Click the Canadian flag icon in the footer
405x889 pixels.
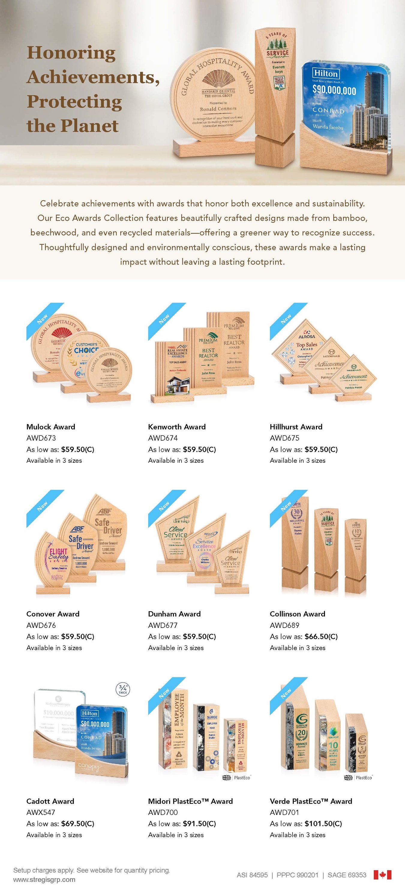tap(382, 875)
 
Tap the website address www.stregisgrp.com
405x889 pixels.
tap(44, 879)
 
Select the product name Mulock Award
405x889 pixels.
tap(51, 427)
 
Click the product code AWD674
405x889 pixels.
tap(163, 438)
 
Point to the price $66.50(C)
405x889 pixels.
tap(321, 636)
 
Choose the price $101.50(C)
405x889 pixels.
tap(323, 823)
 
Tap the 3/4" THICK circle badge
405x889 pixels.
tap(123, 689)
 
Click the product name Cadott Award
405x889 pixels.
tap(50, 801)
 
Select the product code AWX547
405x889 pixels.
tap(41, 812)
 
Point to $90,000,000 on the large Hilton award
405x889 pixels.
tap(334, 90)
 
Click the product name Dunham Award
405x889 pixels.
tap(174, 614)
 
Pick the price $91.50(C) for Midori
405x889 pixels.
tap(199, 823)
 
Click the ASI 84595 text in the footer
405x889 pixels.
tap(252, 875)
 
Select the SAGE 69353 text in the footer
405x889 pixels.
tap(347, 875)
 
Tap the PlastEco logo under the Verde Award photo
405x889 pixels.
tap(358, 778)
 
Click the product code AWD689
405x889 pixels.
tap(284, 625)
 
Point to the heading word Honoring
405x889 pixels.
tap(71, 53)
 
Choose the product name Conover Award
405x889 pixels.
tap(53, 614)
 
